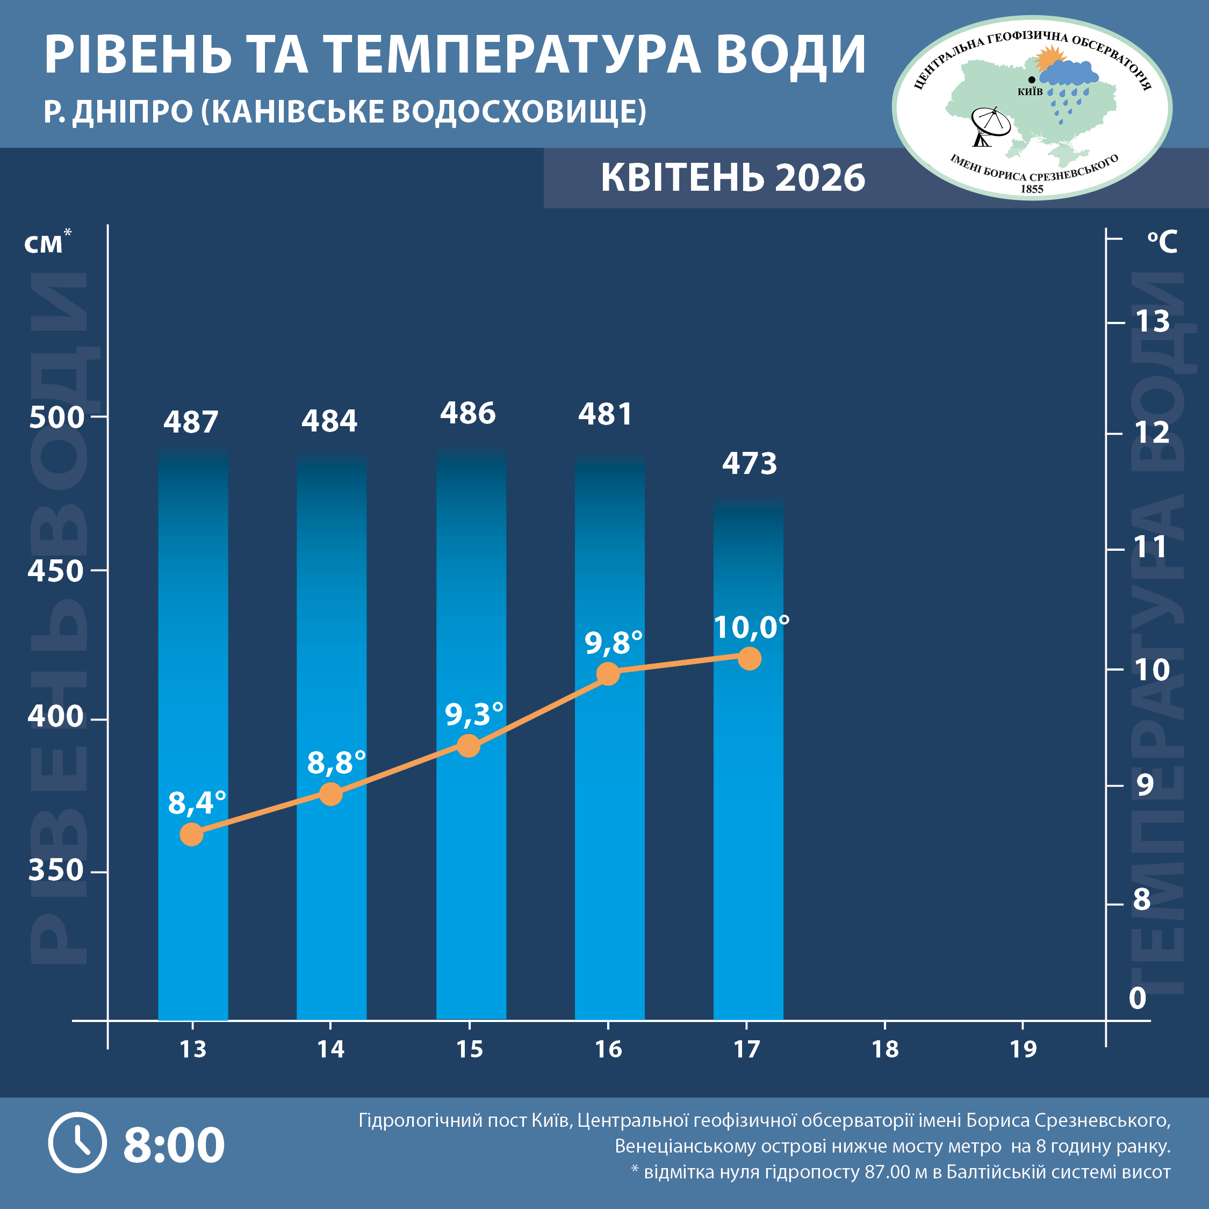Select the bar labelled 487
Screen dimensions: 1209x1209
[193, 688]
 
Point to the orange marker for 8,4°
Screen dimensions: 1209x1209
[191, 834]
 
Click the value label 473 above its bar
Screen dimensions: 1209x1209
[749, 464]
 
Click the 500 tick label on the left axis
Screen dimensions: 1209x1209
[56, 418]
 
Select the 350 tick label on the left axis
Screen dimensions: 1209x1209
[56, 870]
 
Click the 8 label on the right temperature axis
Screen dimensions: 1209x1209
[1142, 899]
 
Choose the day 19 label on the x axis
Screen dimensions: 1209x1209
[1023, 1049]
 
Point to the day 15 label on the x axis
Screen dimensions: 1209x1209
[469, 1049]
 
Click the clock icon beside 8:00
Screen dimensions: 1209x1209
[77, 1142]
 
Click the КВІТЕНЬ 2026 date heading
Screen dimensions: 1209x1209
[733, 178]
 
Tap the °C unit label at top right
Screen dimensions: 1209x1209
[1162, 242]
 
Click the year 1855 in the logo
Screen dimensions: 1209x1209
[1032, 189]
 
